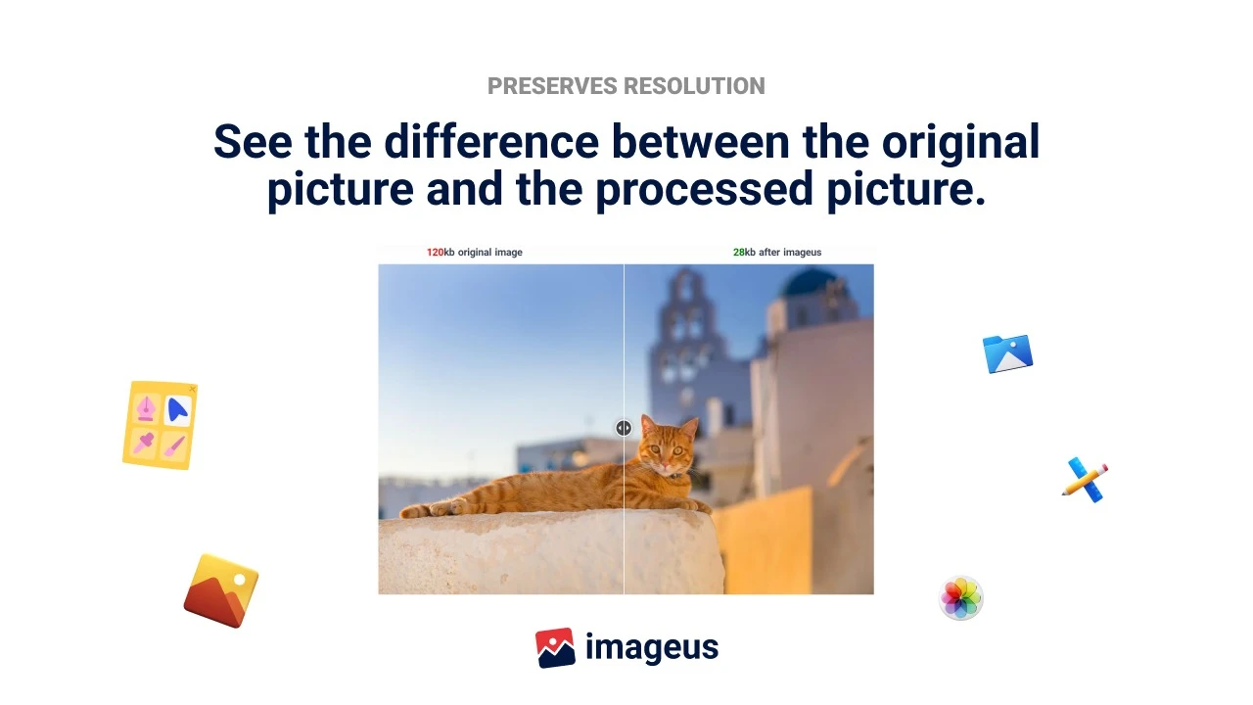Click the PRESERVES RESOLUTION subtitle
point(626,86)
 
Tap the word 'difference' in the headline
point(491,142)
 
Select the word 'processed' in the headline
point(704,189)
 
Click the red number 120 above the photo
point(435,253)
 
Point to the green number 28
point(738,253)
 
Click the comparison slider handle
point(624,428)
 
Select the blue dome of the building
point(809,282)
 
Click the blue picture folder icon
point(1007,353)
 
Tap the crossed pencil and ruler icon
point(1086,480)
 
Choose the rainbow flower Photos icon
point(960,597)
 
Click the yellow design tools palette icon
point(161,425)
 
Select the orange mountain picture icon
point(221,590)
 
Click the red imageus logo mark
point(555,648)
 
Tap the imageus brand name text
point(652,648)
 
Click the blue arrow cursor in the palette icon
point(178,410)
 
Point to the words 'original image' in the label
point(490,253)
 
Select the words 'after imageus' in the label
point(790,253)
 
